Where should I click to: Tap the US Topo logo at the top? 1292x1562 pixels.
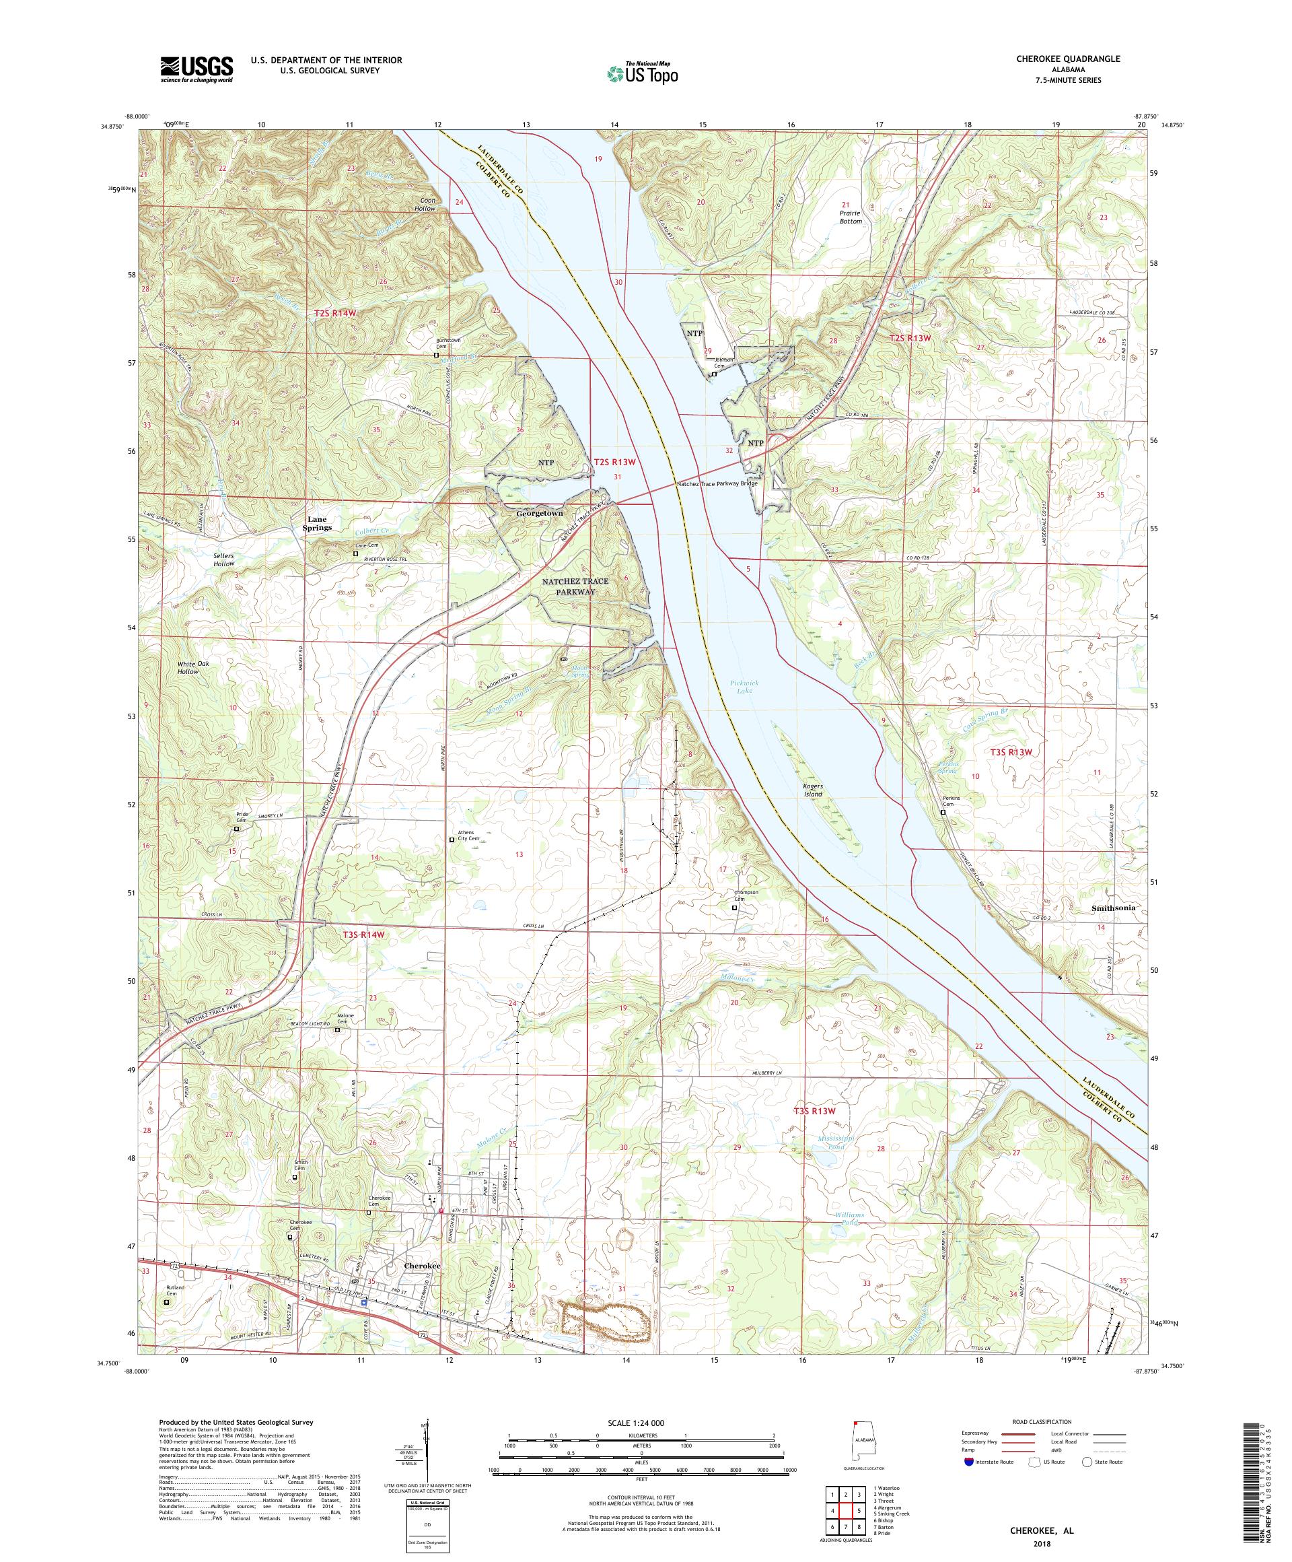tap(643, 73)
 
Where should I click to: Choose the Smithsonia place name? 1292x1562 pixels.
tap(1114, 908)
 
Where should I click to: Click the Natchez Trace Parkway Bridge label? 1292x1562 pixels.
tap(717, 483)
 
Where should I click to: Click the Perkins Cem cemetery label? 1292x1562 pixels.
tap(943, 803)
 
